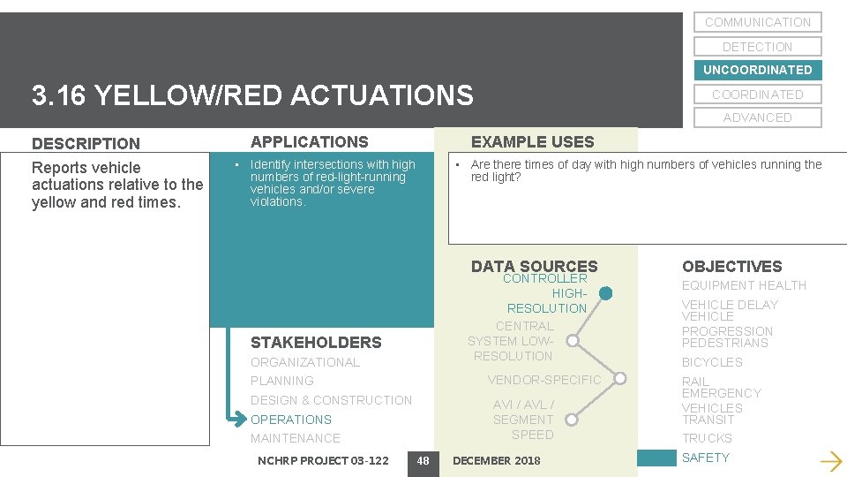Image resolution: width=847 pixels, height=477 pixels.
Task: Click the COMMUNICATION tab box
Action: click(757, 22)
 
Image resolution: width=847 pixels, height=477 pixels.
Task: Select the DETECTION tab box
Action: click(757, 47)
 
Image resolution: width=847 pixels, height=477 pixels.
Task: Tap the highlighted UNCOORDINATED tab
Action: click(757, 70)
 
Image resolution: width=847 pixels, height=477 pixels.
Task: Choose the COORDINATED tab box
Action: click(757, 95)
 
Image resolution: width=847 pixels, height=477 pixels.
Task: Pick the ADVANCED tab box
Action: click(757, 117)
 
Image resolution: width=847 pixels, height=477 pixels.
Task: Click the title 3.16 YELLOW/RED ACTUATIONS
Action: click(252, 95)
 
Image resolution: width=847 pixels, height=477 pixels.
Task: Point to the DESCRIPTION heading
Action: click(86, 143)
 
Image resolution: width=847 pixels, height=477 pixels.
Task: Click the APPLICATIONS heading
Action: click(309, 141)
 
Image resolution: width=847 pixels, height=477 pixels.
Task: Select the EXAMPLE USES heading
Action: click(532, 141)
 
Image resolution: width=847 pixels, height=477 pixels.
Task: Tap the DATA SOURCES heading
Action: click(534, 266)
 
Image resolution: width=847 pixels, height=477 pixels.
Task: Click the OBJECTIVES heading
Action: click(731, 266)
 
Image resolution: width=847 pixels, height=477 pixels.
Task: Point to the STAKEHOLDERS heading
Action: click(316, 342)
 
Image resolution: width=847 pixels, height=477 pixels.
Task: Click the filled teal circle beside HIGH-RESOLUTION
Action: click(605, 293)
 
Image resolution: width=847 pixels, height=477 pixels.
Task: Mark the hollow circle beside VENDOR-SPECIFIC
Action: click(620, 380)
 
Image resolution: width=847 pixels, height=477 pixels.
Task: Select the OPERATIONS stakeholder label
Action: click(290, 420)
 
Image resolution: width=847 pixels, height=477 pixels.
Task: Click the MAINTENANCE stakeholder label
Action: click(295, 438)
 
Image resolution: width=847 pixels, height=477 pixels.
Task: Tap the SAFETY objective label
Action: click(705, 458)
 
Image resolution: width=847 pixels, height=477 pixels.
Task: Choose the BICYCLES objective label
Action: click(712, 362)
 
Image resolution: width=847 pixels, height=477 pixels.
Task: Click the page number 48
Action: click(423, 460)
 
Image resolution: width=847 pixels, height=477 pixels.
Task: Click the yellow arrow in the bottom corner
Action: click(830, 460)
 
